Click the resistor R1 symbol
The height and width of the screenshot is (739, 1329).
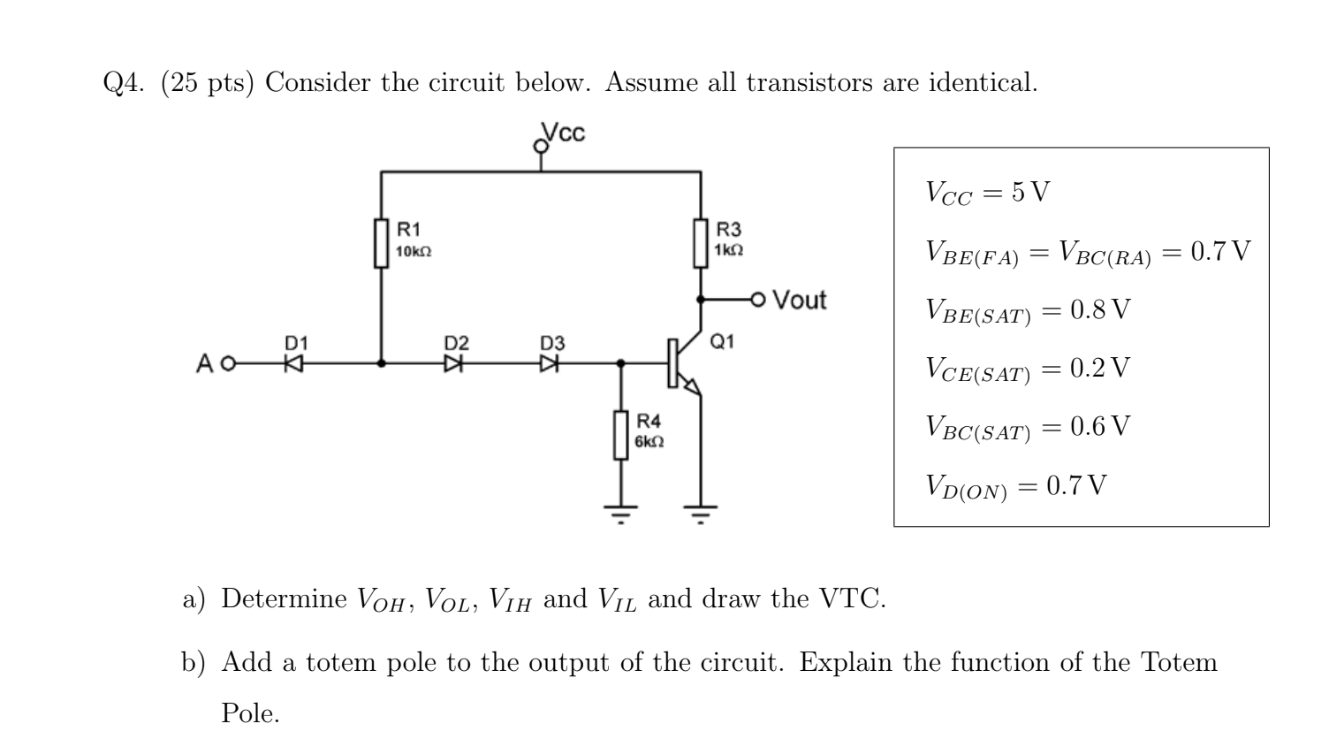pos(382,242)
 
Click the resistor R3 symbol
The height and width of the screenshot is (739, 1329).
pos(701,242)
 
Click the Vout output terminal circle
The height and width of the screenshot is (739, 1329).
pos(757,300)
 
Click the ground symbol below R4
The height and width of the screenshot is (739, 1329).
pos(620,512)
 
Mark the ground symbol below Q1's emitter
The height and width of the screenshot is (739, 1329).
pos(701,512)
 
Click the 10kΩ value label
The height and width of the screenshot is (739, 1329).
pos(414,252)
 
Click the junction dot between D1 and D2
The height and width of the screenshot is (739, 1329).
pos(382,362)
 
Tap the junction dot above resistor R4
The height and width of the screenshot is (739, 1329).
pos(620,362)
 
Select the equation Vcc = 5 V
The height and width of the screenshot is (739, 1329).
pos(987,193)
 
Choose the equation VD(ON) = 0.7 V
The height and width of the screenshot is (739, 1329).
pos(1015,485)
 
